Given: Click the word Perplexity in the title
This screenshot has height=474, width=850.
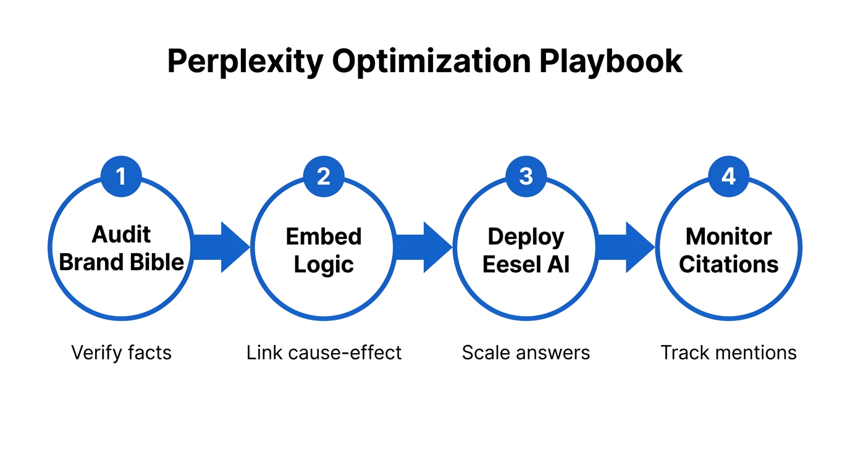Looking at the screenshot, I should pos(245,62).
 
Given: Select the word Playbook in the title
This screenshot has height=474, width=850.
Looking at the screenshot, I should pos(611,62).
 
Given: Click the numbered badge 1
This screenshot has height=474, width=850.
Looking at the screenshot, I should pos(121,177).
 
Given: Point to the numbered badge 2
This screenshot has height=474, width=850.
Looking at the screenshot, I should pos(324,177).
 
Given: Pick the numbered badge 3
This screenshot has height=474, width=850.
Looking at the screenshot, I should pos(526,177).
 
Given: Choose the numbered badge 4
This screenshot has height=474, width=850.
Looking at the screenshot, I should pos(728,177).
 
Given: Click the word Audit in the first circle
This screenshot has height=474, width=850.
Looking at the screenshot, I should pos(121,235).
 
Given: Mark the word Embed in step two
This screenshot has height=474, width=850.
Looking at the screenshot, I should pos(324,236).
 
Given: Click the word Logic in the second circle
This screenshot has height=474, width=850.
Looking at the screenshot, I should pos(324,264).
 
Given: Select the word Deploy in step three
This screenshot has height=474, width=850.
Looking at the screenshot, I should pos(526,236).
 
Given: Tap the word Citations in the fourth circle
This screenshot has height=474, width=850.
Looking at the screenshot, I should pos(728,264).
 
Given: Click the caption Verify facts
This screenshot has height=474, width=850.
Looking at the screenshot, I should pos(121,352).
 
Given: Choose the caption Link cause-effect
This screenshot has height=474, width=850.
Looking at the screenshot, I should pos(324,352).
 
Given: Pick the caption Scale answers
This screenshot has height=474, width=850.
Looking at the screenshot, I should pos(526,352).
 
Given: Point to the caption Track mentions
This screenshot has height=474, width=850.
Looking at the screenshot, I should pos(728,352).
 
